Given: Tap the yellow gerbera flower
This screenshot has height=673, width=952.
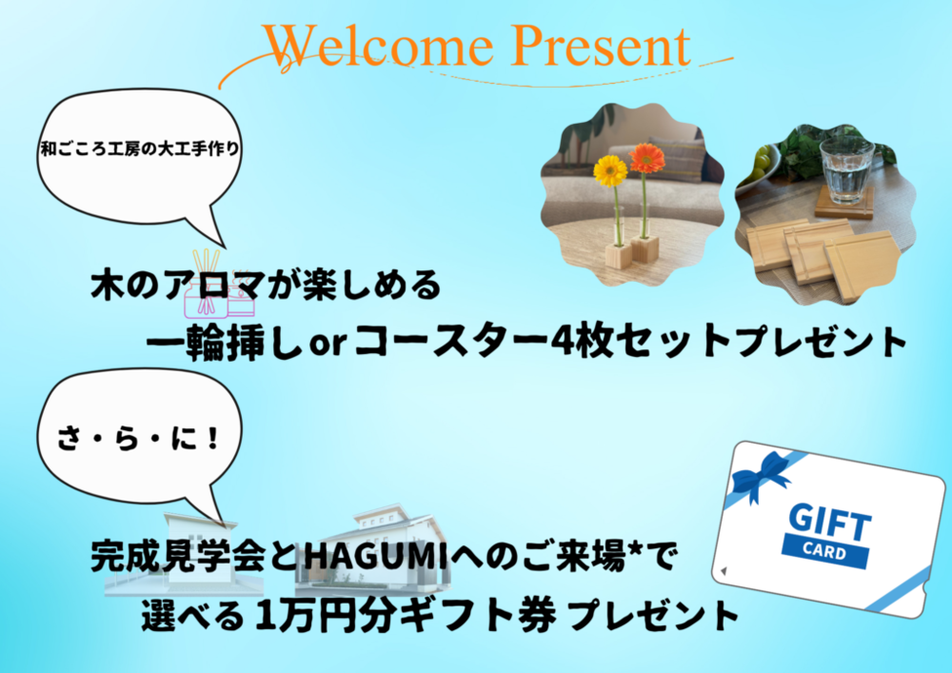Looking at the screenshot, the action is click(x=609, y=170).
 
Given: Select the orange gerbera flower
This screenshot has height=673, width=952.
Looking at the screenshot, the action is click(x=646, y=158).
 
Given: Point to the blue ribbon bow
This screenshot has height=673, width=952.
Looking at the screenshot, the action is click(x=761, y=475).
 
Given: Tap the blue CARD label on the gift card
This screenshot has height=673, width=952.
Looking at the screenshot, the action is click(x=823, y=551).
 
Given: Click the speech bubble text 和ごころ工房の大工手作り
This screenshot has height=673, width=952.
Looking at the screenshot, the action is click(x=140, y=148).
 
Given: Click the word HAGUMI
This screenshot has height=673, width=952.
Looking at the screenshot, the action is click(x=376, y=557).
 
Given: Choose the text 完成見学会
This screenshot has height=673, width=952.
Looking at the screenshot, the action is click(x=179, y=557).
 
